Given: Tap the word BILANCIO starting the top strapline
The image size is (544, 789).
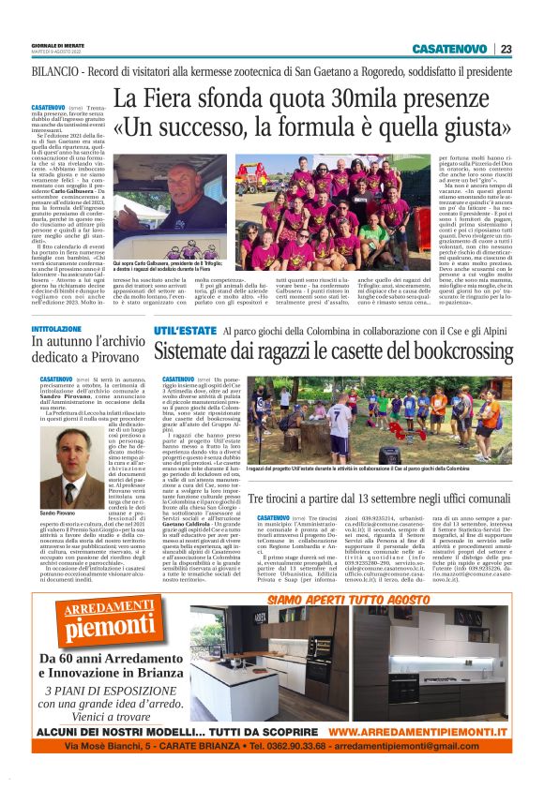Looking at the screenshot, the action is pyautogui.click(x=56, y=71).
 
